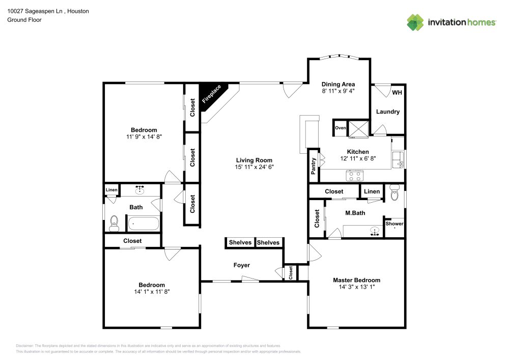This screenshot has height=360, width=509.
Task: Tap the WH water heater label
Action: (x=397, y=93)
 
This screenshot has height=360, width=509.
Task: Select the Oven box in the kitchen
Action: (x=340, y=128)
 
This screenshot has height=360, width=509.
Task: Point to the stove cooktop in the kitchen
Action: (x=354, y=176)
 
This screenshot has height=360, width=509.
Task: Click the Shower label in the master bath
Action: (x=394, y=224)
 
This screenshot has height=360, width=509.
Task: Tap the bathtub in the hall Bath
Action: (x=143, y=223)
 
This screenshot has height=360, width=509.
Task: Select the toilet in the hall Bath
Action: (x=114, y=222)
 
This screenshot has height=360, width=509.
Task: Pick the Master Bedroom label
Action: (x=356, y=280)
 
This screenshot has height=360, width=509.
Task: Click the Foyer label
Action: (x=241, y=265)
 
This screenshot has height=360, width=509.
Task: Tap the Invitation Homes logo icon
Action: (x=415, y=22)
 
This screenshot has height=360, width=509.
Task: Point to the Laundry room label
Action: (x=388, y=112)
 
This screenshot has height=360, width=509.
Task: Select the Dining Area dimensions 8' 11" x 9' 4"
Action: (x=338, y=91)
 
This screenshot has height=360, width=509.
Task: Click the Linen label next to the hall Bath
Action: (x=111, y=190)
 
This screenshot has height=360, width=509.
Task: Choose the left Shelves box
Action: (x=240, y=242)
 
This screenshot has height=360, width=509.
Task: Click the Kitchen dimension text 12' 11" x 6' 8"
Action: (x=357, y=158)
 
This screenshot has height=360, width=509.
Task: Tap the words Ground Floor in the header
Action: (x=24, y=20)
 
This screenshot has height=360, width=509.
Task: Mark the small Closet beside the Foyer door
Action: (x=291, y=272)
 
